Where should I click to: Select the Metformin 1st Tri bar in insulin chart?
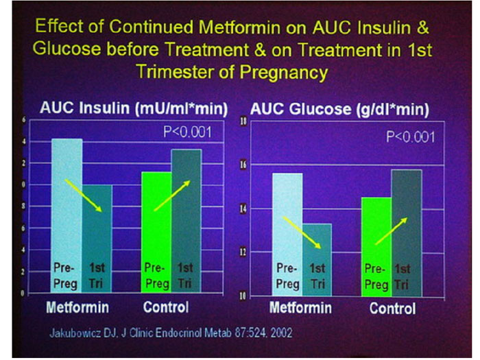click(97, 240)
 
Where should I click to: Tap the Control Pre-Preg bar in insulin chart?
click(156, 233)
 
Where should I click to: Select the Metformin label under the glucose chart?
click(301, 308)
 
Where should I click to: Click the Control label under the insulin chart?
click(165, 307)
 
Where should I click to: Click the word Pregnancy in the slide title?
click(287, 71)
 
